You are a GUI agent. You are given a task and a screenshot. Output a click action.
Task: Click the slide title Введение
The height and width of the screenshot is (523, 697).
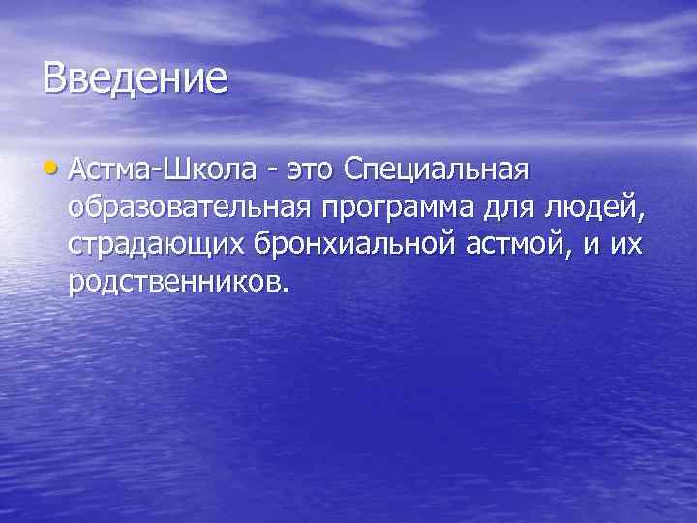pos(135,77)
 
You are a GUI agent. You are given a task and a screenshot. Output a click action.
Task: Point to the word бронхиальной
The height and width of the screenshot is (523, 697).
pos(338,244)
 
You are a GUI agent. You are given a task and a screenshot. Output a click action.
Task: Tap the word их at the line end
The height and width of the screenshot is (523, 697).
pos(627,245)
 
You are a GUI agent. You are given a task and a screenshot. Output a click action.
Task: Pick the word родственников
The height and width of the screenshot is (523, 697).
pos(174,281)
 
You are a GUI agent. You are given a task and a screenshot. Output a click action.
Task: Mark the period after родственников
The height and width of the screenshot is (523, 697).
pos(284,288)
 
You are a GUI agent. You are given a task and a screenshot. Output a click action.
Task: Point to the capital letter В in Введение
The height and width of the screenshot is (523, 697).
pos(55,77)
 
